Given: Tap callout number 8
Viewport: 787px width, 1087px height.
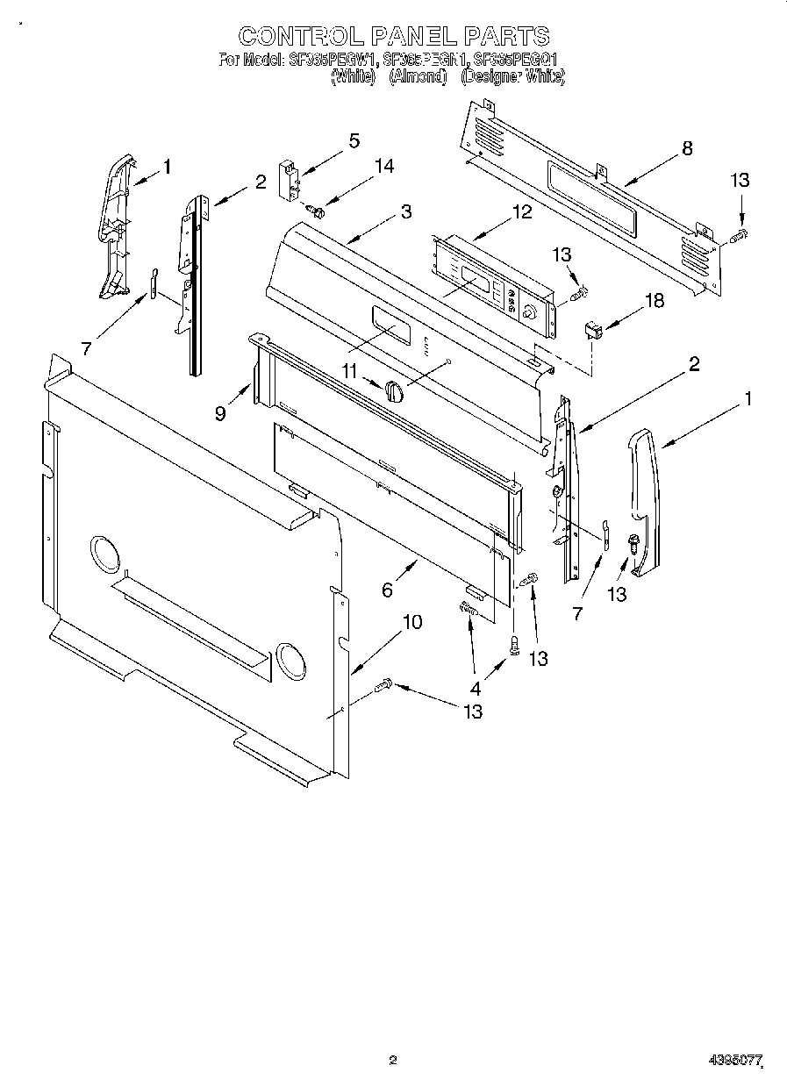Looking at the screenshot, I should (687, 148).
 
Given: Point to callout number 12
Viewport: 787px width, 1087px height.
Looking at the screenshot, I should (522, 211).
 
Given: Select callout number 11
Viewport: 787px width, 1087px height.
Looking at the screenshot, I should (350, 372).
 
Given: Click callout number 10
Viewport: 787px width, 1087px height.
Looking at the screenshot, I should (411, 622).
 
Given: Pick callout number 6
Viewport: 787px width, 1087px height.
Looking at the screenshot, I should (387, 590).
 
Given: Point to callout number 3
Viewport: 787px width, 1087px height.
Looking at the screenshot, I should (405, 211).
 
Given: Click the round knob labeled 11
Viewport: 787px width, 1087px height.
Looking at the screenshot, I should (394, 391).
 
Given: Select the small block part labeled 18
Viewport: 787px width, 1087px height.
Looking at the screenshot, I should (595, 331).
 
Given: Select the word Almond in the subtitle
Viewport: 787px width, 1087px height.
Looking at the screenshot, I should (418, 77).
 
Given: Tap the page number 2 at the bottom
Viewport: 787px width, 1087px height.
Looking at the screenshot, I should (392, 1060).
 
